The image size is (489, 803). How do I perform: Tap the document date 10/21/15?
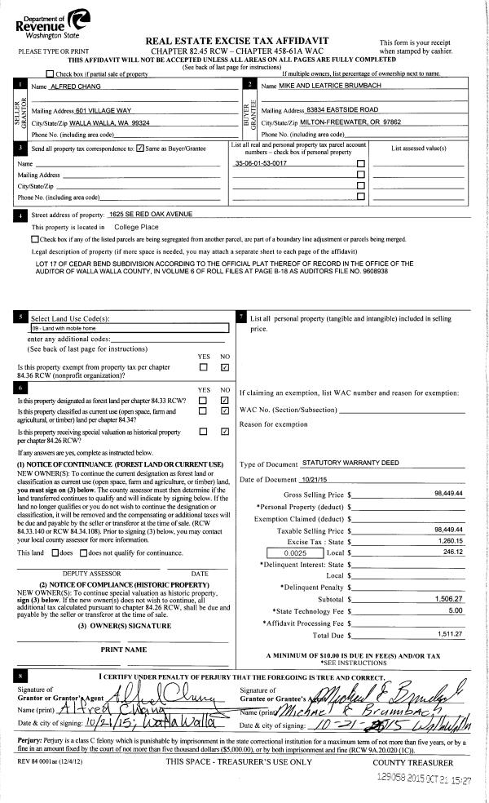tap(291, 479)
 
